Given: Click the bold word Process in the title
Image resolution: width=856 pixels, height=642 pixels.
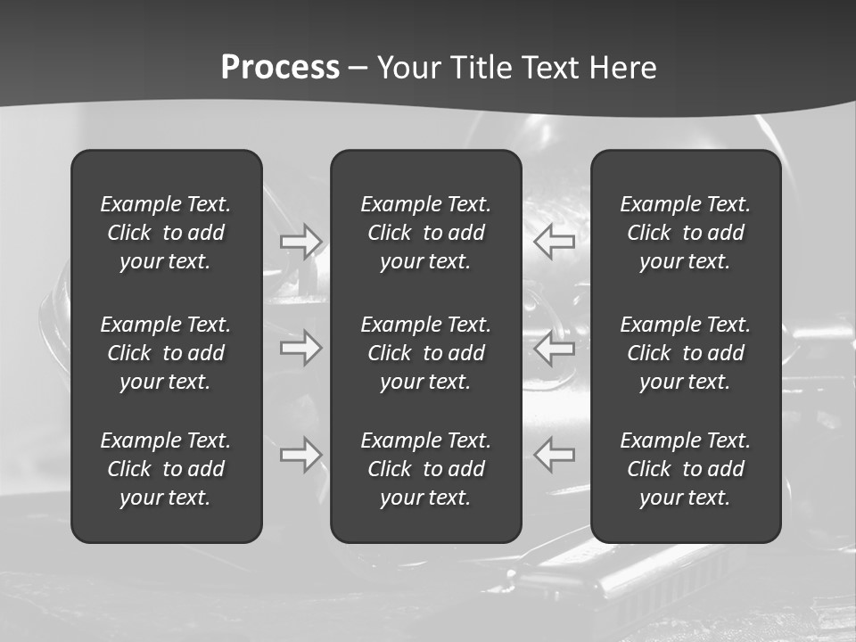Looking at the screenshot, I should (x=280, y=68).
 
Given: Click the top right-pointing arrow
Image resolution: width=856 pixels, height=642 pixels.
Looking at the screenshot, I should (x=301, y=242).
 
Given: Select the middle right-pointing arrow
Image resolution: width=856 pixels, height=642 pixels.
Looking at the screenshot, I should (x=301, y=348).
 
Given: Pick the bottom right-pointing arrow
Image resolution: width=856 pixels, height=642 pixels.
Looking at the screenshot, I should (x=301, y=455).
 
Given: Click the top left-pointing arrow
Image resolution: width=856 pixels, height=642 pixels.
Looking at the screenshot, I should (x=554, y=242).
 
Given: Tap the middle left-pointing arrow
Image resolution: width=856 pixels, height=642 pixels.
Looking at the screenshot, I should (x=554, y=348).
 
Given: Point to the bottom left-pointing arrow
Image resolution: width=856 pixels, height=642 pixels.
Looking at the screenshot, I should (x=554, y=455).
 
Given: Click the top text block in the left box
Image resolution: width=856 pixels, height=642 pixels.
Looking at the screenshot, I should (x=166, y=233).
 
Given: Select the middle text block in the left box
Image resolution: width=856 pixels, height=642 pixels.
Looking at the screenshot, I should (x=166, y=353).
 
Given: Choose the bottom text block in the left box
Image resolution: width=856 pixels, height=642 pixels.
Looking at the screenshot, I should (x=166, y=469).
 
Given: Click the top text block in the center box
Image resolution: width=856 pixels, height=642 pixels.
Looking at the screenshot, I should (x=426, y=233).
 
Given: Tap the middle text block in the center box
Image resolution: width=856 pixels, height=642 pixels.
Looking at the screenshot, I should (x=426, y=353).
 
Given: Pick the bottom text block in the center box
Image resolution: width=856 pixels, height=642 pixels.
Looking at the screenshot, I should (x=426, y=469).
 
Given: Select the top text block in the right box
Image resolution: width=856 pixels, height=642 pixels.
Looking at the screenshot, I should (x=686, y=233).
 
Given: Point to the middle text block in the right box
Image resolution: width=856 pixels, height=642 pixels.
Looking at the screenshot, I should (x=686, y=353).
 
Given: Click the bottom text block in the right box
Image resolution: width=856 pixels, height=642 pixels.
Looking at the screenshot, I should (x=686, y=469).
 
